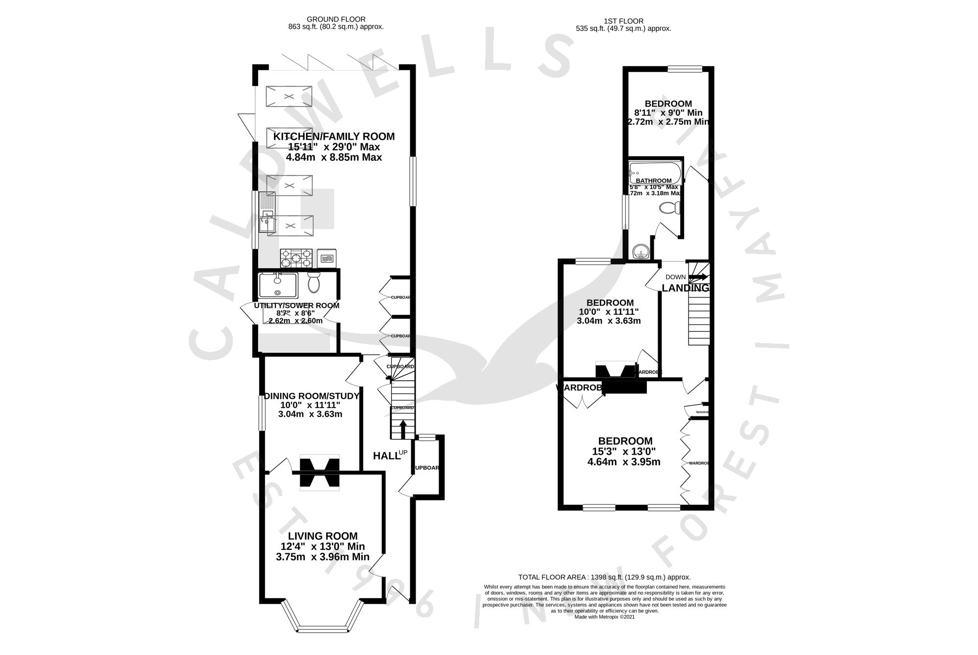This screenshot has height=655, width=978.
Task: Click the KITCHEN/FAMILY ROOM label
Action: click(x=334, y=136)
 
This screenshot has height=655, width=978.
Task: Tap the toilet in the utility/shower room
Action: click(x=313, y=283)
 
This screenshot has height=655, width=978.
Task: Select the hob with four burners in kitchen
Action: click(x=296, y=257)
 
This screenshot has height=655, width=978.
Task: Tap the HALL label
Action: click(x=385, y=456)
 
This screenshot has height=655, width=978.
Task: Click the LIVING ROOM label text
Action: click(x=322, y=536)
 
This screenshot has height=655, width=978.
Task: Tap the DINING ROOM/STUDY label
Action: click(x=311, y=396)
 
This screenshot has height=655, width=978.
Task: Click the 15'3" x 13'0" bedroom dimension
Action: click(x=624, y=451)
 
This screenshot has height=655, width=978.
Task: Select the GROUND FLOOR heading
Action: click(x=335, y=20)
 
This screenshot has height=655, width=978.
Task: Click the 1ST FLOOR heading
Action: click(x=623, y=21)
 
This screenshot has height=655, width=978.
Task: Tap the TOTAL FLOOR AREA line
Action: click(x=604, y=577)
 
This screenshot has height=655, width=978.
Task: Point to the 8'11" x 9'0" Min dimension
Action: click(x=668, y=113)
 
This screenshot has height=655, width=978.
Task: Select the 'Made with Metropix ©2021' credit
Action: click(x=604, y=617)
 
